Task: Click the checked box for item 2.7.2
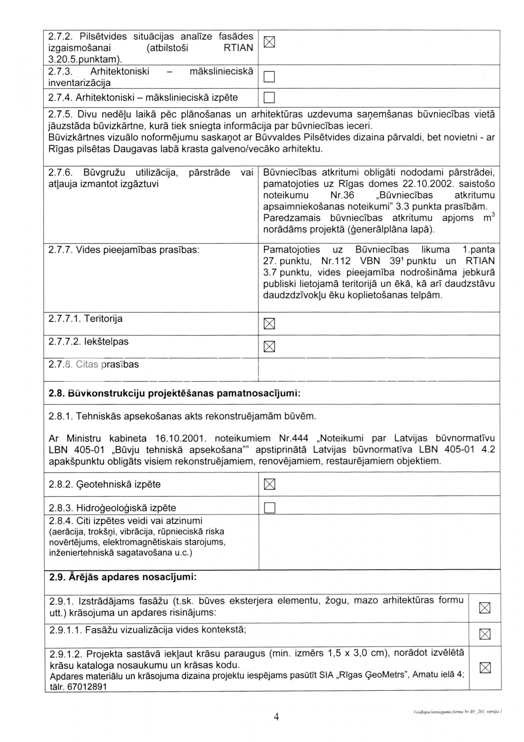(269, 42)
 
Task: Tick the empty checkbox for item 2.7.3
(269, 77)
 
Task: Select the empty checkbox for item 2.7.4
(269, 98)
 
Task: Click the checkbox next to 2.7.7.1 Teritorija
(269, 324)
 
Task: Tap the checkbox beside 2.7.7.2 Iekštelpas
(269, 347)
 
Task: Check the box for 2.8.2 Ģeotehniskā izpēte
(269, 484)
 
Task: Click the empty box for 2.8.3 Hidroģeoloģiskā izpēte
(269, 508)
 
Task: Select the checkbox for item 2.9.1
(485, 608)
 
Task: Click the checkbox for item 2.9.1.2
(485, 668)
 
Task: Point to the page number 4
(276, 717)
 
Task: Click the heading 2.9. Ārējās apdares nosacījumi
(123, 577)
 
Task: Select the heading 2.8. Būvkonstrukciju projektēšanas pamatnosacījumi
(174, 393)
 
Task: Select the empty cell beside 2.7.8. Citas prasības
(379, 369)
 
